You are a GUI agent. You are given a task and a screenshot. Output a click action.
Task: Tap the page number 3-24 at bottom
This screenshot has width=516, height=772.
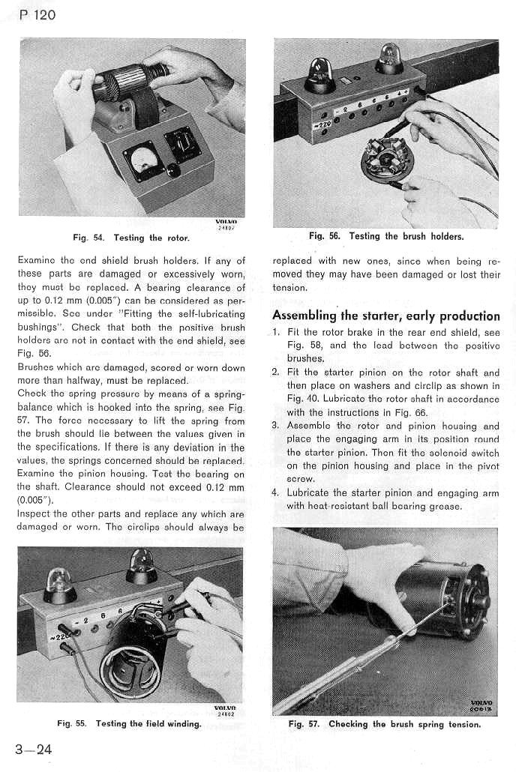pos(31,747)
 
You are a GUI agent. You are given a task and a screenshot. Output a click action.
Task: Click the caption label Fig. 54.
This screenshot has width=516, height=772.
pos(88,238)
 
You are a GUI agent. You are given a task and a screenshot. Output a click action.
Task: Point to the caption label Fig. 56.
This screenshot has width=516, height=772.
pos(324,236)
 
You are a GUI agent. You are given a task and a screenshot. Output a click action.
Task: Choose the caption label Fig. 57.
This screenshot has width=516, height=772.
pos(303,724)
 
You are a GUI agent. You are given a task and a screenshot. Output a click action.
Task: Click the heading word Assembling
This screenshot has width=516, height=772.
pos(304,316)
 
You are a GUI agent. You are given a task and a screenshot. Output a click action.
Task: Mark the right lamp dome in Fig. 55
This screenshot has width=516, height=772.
pos(141,564)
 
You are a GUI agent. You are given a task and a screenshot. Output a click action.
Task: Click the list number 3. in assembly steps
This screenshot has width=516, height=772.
pos(275,426)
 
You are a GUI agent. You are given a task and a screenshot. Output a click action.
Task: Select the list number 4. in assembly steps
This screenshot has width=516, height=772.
pos(275,493)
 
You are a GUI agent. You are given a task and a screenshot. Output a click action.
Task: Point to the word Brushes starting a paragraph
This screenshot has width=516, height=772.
pos(34,367)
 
